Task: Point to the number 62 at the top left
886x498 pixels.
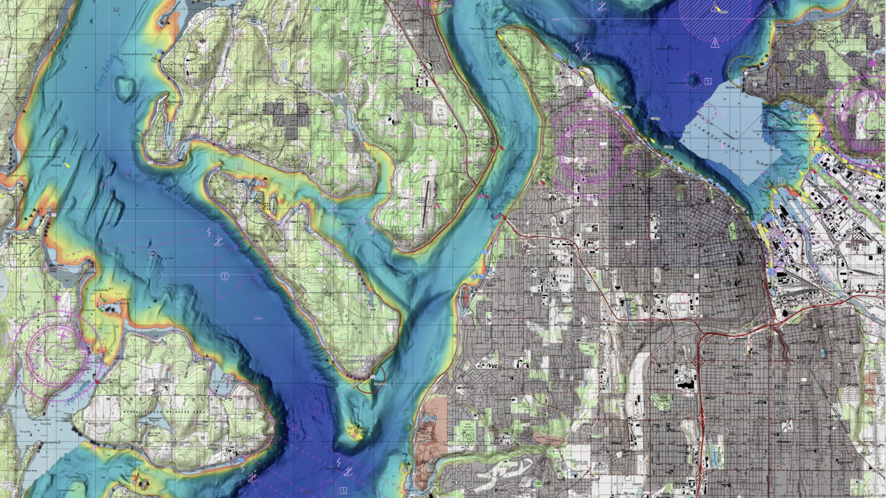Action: (116, 10)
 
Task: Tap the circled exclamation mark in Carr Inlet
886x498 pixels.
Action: (225, 276)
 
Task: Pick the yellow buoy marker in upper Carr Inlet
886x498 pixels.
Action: (65, 163)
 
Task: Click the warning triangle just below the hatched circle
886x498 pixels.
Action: (715, 43)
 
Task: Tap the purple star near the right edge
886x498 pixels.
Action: (872, 63)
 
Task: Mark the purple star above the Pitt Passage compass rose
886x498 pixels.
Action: (57, 298)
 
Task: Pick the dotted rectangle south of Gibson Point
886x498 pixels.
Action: (354, 415)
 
